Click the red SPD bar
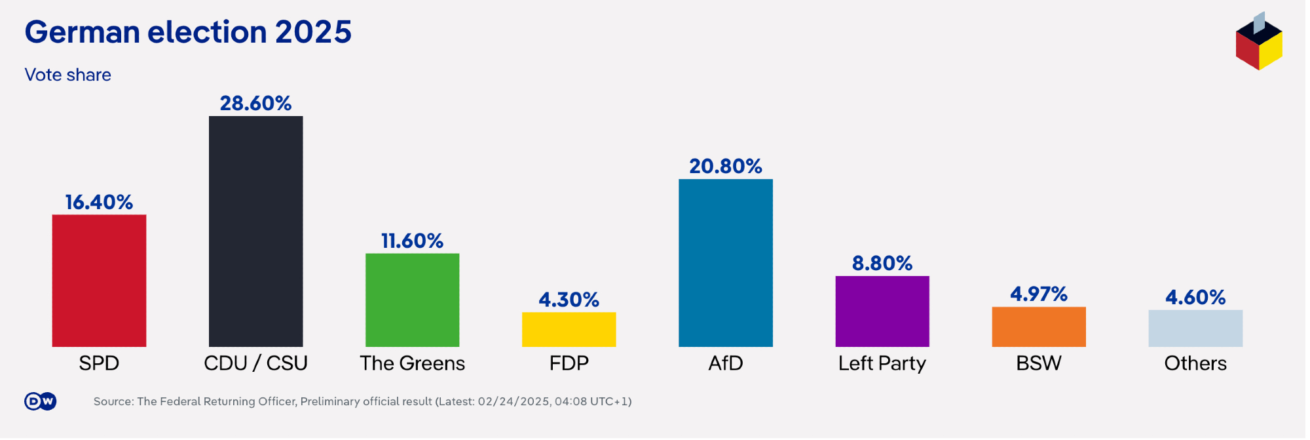click(x=99, y=281)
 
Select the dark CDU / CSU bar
click(x=255, y=231)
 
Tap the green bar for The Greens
click(x=412, y=300)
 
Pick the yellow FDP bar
click(x=569, y=329)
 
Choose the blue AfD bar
click(x=725, y=263)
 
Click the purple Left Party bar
click(x=882, y=311)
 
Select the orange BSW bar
click(x=1038, y=327)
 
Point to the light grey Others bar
click(x=1195, y=329)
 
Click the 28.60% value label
click(x=255, y=104)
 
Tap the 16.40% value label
click(x=99, y=202)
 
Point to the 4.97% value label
click(x=1038, y=294)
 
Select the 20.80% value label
click(x=725, y=167)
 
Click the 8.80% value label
click(x=882, y=264)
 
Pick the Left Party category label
click(x=882, y=363)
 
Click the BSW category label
click(x=1038, y=363)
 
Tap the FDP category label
click(x=569, y=363)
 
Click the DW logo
click(x=41, y=401)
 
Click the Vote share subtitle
click(x=67, y=75)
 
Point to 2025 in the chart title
click(x=313, y=32)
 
